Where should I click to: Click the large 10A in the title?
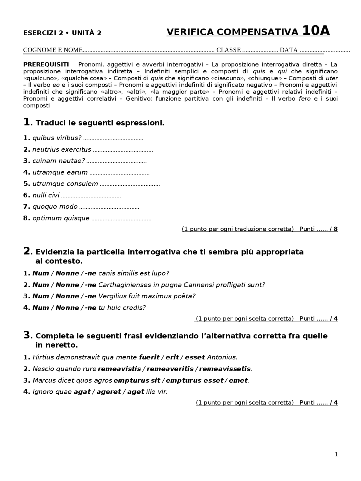(x=316, y=31)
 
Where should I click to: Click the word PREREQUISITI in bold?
(x=46, y=64)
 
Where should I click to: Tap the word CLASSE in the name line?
(x=228, y=50)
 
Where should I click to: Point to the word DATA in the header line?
(x=289, y=50)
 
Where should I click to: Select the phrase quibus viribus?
(x=57, y=138)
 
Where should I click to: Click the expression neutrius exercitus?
(x=62, y=150)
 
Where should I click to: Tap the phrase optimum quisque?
(x=61, y=218)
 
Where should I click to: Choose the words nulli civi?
(x=46, y=195)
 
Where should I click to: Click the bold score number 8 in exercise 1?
(x=335, y=229)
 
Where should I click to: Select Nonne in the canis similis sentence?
(x=67, y=273)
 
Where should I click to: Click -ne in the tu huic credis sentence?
(x=91, y=308)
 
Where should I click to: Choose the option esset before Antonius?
(x=195, y=358)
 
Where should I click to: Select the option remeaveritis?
(x=170, y=369)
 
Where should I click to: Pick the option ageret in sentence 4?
(x=109, y=392)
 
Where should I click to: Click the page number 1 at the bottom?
(x=336, y=454)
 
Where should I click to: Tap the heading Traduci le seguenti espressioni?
(x=100, y=123)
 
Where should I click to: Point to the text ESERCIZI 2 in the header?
(x=43, y=33)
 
